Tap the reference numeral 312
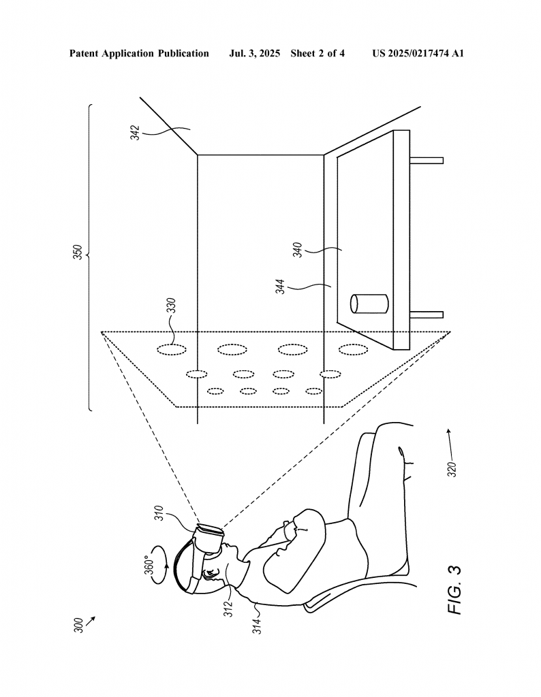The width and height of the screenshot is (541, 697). (228, 609)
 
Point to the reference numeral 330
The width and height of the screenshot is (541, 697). (171, 306)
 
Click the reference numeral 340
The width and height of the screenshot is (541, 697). (297, 249)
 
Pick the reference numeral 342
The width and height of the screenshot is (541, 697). (135, 133)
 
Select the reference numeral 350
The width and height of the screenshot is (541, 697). (78, 252)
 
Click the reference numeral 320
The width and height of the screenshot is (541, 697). (452, 470)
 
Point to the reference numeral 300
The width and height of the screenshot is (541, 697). (78, 625)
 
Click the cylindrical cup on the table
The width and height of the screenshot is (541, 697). (369, 303)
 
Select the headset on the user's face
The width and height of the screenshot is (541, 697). (207, 538)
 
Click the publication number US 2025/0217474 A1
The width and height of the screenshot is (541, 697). (418, 54)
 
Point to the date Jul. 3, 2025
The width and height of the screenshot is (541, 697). (254, 54)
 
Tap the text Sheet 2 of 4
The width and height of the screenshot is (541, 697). (318, 54)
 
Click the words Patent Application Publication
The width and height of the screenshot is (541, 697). (139, 54)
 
